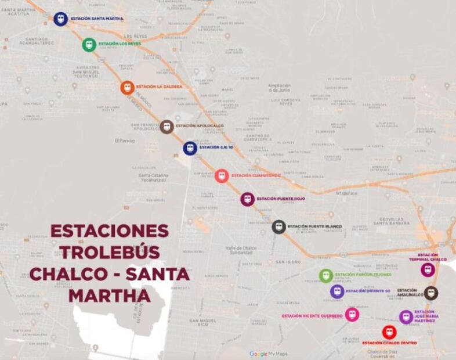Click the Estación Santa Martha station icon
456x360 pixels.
coord(60,19)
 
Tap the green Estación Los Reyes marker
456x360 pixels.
coord(89,45)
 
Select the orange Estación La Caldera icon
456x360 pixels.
coord(127,87)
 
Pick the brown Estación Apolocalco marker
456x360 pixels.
coord(167,127)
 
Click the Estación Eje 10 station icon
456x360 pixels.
coord(190,148)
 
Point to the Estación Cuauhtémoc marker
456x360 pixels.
coord(222,175)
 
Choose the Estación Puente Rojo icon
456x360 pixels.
coord(248,199)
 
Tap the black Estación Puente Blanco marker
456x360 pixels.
coord(279,227)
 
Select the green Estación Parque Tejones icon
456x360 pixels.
coord(326,275)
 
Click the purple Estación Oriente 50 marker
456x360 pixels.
coord(337,291)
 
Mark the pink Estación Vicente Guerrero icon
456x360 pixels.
coord(352,315)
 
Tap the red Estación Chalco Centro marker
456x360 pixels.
coord(389,332)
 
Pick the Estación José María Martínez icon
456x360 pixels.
coord(406,317)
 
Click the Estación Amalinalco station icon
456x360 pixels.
coord(430,293)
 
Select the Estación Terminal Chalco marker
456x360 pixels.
coord(428,269)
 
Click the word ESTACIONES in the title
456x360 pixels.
coord(110,231)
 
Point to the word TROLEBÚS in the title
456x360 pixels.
coord(110,253)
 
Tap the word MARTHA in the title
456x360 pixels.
coord(110,296)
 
